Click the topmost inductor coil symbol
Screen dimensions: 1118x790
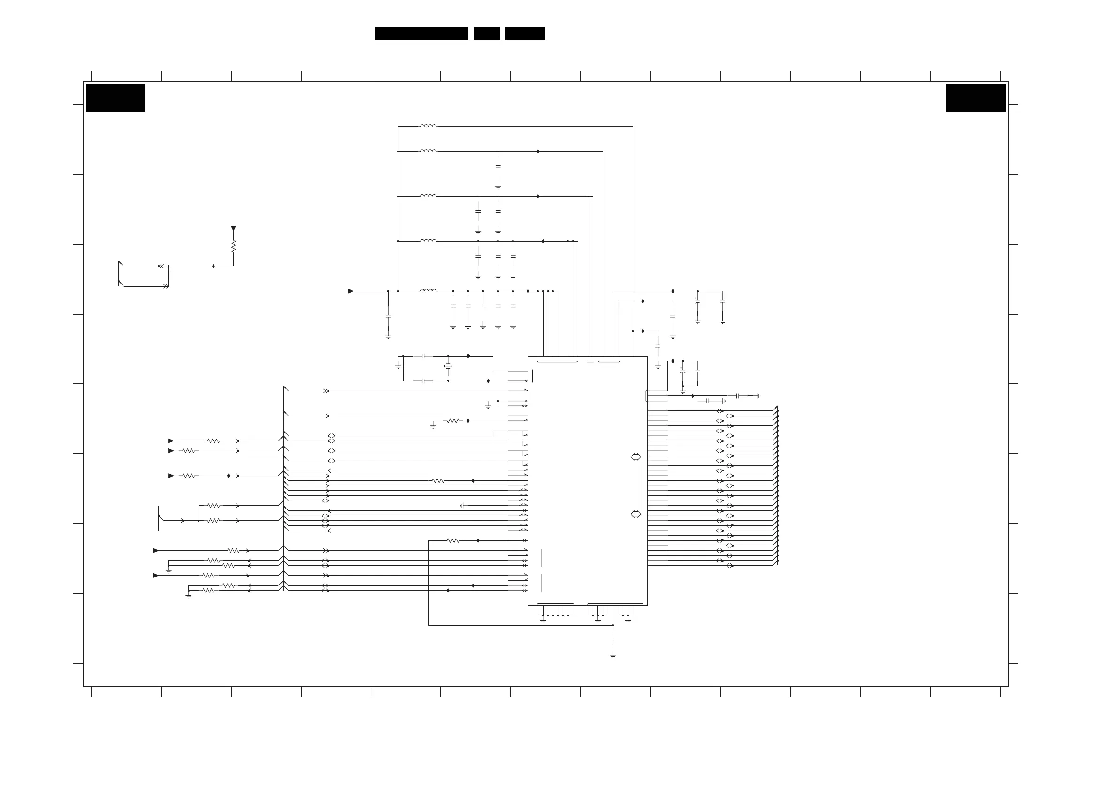(x=429, y=126)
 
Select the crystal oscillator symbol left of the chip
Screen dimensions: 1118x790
(x=448, y=366)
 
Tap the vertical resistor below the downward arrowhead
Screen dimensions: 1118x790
(x=234, y=246)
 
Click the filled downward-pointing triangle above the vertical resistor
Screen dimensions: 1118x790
(x=234, y=229)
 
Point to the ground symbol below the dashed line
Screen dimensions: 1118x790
(x=613, y=656)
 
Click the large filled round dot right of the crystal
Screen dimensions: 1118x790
(x=468, y=357)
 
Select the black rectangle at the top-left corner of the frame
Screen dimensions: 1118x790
(x=115, y=98)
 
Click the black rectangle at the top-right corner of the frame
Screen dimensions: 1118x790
(x=976, y=98)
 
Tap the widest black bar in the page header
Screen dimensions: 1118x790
(x=421, y=33)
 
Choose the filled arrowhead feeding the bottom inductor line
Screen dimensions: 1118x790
(x=351, y=291)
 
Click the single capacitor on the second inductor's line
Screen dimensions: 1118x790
(x=498, y=167)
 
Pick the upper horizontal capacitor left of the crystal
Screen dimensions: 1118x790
(x=423, y=357)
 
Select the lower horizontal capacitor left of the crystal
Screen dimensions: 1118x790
(x=423, y=381)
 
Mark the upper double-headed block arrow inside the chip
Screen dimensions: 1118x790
(x=636, y=456)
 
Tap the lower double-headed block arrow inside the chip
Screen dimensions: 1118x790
(x=636, y=514)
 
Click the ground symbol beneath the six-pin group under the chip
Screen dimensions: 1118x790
(x=543, y=621)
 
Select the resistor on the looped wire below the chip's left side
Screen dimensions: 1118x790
(x=453, y=540)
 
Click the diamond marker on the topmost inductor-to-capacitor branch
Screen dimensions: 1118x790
(x=538, y=152)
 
